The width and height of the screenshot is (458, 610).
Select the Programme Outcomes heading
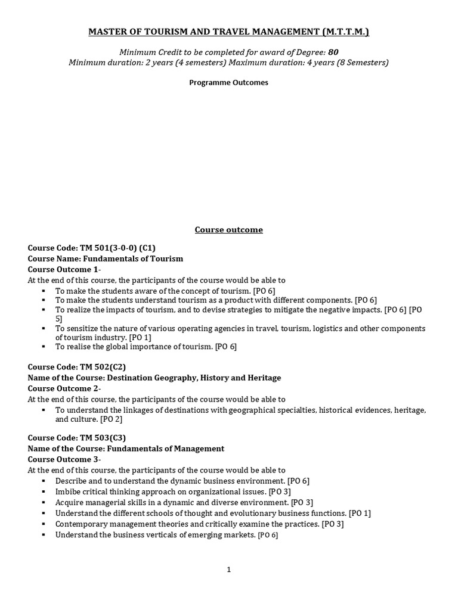[229, 83]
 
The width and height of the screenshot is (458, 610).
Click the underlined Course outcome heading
[229, 230]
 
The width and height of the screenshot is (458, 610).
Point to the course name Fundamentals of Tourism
[106, 259]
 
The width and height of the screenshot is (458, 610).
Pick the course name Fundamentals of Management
[126, 449]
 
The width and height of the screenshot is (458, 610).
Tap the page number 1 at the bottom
[228, 569]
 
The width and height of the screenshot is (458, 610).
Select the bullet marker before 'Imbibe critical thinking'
[45, 491]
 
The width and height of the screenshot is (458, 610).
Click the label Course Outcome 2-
[64, 388]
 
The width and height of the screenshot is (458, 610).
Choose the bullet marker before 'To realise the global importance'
[45, 347]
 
